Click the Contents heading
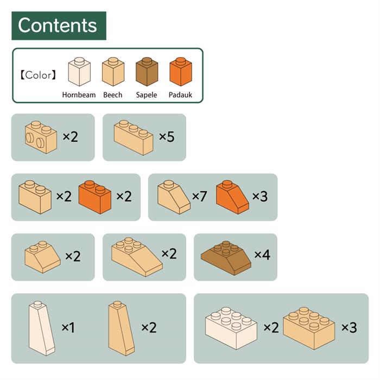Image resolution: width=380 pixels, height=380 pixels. pyautogui.click(x=58, y=25)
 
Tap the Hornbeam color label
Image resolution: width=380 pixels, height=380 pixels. pyautogui.click(x=79, y=94)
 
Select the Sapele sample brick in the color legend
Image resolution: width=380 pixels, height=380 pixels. pyautogui.click(x=147, y=72)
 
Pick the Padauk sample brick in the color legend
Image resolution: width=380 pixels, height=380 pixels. pyautogui.click(x=181, y=72)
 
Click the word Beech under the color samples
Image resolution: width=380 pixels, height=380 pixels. pyautogui.click(x=113, y=94)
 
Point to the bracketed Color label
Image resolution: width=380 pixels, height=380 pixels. pyautogui.click(x=38, y=75)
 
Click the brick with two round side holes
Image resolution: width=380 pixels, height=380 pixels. pyautogui.click(x=41, y=137)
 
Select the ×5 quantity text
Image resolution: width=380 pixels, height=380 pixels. pyautogui.click(x=167, y=136)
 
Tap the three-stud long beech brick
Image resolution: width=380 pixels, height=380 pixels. pyautogui.click(x=134, y=138)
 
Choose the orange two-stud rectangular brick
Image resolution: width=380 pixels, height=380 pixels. pyautogui.click(x=95, y=197)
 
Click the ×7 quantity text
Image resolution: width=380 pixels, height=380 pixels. pyautogui.click(x=199, y=196)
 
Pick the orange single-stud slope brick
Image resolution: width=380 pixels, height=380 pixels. pyautogui.click(x=232, y=197)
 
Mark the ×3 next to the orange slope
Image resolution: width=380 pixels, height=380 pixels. pyautogui.click(x=260, y=196)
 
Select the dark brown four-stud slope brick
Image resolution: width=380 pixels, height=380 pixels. pyautogui.click(x=226, y=258)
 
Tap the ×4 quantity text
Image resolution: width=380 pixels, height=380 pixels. pyautogui.click(x=262, y=255)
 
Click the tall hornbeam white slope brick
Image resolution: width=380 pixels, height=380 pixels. pyautogui.click(x=42, y=328)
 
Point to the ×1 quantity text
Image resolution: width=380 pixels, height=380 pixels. pyautogui.click(x=68, y=328)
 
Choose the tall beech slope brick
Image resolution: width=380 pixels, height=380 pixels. pyautogui.click(x=122, y=328)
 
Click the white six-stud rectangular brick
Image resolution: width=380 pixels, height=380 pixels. pyautogui.click(x=231, y=328)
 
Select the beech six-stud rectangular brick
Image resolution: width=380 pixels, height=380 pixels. pyautogui.click(x=309, y=328)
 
